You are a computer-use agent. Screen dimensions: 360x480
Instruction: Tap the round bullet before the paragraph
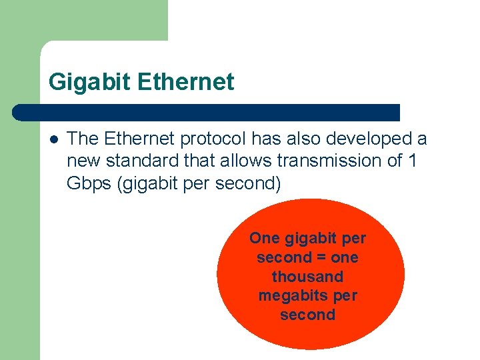53,139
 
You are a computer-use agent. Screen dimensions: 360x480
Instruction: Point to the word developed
368,139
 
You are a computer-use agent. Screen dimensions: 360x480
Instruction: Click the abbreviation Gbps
89,183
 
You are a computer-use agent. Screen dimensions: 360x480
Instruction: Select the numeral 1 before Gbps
411,161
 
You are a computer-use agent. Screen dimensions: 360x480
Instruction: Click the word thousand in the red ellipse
308,276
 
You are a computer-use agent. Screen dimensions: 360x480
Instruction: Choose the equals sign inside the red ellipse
321,257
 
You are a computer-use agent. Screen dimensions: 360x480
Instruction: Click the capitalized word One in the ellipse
264,238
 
